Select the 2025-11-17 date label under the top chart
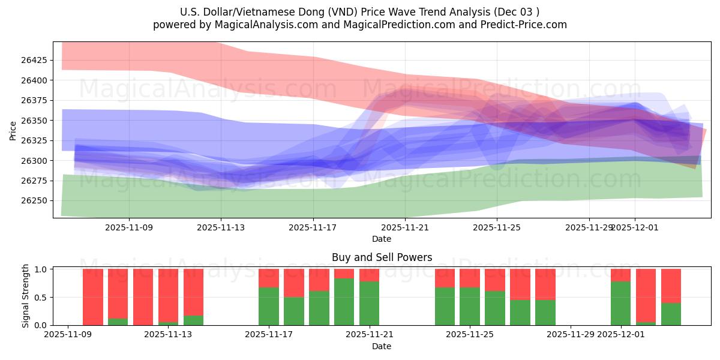(313, 227)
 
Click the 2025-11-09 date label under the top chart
(129, 227)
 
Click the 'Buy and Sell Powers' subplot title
(382, 257)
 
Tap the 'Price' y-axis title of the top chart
(13, 130)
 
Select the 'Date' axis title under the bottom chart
(382, 346)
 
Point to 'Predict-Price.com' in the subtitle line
(526, 25)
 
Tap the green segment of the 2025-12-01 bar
(620, 303)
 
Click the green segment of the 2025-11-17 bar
(269, 306)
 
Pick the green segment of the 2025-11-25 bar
(470, 306)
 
